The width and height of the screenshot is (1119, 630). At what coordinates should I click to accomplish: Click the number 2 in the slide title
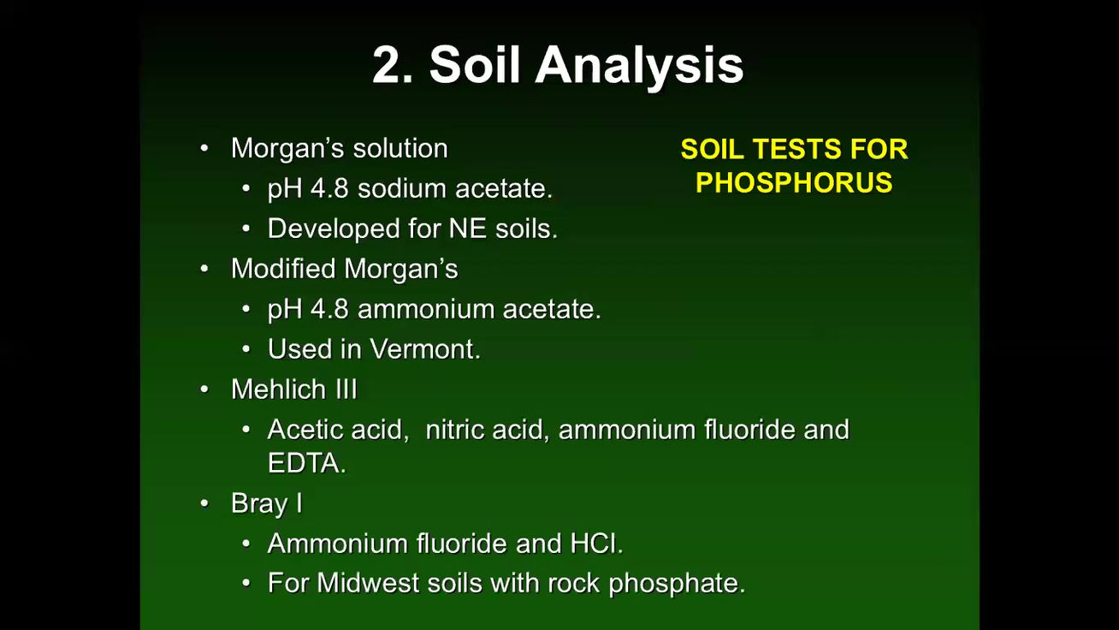pyautogui.click(x=393, y=65)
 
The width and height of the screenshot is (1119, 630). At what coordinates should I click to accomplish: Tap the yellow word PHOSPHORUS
pyautogui.click(x=794, y=182)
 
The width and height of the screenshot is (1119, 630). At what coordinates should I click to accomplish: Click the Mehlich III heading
pyautogui.click(x=293, y=389)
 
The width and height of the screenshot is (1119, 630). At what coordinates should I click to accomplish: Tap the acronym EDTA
pyautogui.click(x=305, y=463)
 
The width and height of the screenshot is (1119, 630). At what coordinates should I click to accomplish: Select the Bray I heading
pyautogui.click(x=266, y=503)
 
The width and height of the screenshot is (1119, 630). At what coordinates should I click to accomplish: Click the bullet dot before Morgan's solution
pyautogui.click(x=204, y=148)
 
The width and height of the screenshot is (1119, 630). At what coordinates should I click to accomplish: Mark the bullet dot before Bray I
pyautogui.click(x=204, y=503)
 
